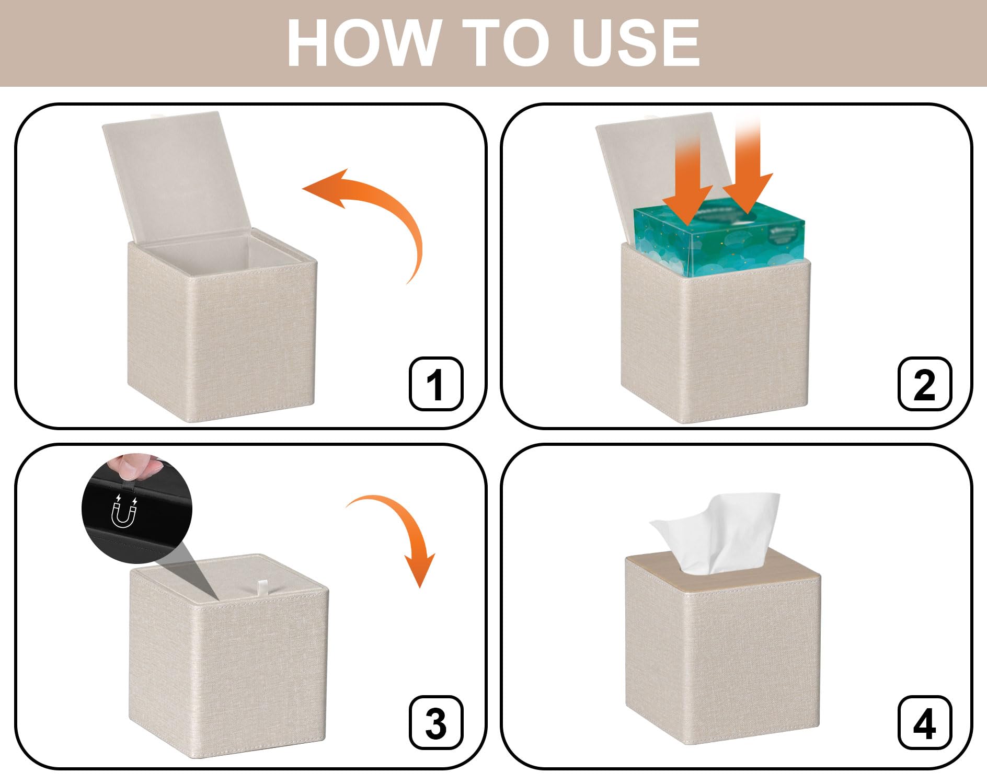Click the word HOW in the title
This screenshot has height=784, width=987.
364,43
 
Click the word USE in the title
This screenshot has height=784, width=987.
635,43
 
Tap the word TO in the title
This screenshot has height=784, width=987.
505,43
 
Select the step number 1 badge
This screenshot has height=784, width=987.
436,384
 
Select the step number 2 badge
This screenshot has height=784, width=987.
925,384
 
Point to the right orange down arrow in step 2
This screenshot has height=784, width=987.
748,172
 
